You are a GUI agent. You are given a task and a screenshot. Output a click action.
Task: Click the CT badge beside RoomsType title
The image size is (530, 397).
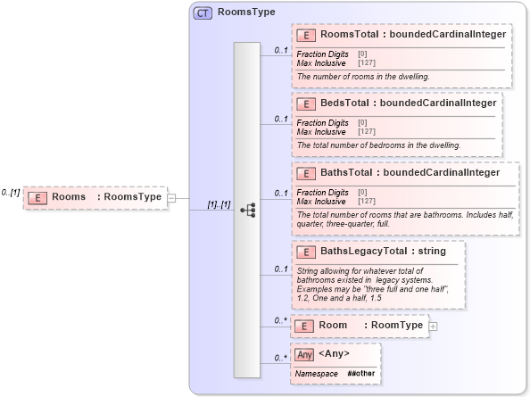point(203,13)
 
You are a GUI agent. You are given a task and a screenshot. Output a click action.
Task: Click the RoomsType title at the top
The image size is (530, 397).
point(246,13)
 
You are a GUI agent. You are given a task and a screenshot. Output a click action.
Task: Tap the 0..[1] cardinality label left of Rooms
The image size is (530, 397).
point(12,192)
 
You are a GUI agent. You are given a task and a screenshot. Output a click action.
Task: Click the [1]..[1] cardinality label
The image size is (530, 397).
point(219,204)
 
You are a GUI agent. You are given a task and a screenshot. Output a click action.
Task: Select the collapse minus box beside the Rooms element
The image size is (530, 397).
point(171,198)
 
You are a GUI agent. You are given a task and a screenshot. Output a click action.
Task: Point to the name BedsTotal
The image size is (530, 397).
point(344,103)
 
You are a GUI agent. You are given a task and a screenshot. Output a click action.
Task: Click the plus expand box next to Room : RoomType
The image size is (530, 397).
point(434,327)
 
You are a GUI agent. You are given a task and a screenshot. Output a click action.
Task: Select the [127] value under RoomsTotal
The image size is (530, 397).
point(366,61)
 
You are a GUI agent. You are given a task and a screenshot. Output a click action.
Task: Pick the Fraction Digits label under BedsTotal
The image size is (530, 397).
point(322,122)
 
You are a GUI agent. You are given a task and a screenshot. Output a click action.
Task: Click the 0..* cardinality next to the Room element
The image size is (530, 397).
point(279,320)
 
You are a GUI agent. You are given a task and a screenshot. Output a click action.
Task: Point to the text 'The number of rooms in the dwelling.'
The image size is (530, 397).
point(363,77)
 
